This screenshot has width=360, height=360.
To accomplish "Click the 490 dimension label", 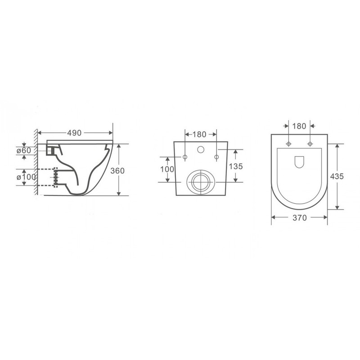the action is click(74, 133).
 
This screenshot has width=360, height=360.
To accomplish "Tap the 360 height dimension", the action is click(117, 171).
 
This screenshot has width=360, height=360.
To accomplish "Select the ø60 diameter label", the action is click(24, 151).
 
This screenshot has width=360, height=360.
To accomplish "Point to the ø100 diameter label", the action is click(26, 177).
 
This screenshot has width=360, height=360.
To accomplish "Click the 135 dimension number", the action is click(236, 166).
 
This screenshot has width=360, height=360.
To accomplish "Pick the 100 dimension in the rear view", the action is click(167, 169).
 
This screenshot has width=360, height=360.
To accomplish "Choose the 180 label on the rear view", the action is click(199, 134).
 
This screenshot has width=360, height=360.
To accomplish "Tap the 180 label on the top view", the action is click(299, 126).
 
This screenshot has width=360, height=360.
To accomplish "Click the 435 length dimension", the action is click(337, 176).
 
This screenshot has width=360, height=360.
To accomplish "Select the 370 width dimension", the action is click(300, 218).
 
